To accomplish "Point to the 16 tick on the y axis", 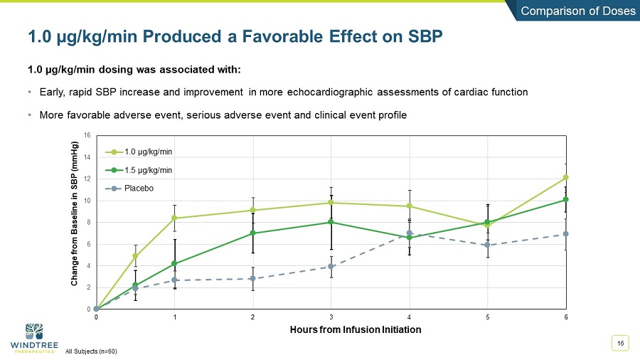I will click(x=87, y=134).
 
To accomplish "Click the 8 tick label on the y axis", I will click(x=88, y=222).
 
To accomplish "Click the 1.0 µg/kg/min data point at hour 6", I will click(x=565, y=177).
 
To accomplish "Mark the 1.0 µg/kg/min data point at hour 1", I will click(x=174, y=218).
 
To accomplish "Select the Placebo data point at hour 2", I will click(x=252, y=278).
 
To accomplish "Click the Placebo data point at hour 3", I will click(x=331, y=267).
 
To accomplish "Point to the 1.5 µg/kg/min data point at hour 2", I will click(x=252, y=233).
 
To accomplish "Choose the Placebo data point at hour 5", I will click(x=487, y=245).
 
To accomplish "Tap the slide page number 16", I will click(x=620, y=344).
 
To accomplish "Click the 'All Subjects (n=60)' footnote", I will click(x=91, y=351).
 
